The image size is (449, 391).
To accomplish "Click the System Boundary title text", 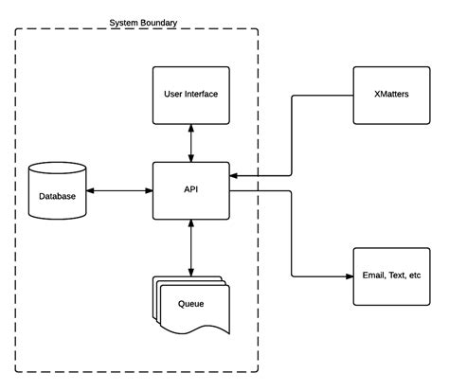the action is (143, 23).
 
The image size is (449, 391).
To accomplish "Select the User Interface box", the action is (191, 96).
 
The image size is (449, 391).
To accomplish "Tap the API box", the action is (191, 190).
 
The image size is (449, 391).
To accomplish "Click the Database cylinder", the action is (57, 190).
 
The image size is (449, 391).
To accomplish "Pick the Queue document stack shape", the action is (191, 305).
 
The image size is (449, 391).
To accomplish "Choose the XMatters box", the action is (391, 96).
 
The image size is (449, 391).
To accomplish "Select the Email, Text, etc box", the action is (391, 276).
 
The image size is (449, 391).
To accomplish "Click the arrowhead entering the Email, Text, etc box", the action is (350, 276).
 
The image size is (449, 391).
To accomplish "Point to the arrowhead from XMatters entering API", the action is (233, 175).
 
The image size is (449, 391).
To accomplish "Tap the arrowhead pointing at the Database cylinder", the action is (90, 190).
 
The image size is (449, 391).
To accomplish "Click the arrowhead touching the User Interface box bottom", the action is (191, 128).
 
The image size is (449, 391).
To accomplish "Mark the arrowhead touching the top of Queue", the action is (191, 273).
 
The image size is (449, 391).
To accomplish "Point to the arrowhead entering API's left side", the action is (149, 190).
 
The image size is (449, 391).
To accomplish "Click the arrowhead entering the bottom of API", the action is (191, 223).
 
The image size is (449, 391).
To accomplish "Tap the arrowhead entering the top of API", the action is (191, 158).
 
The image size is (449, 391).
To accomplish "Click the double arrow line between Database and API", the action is (119, 190).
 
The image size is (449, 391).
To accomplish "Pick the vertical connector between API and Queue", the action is (191, 248).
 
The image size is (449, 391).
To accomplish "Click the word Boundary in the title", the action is (159, 23).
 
